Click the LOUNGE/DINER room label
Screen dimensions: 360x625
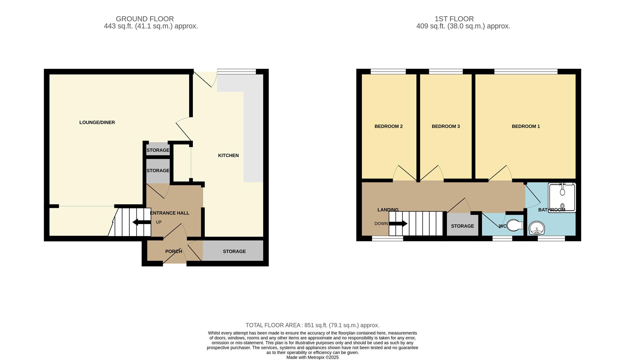[x=97, y=122]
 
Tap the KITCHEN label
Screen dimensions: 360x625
[x=228, y=155]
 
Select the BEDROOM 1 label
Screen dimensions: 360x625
[x=526, y=126]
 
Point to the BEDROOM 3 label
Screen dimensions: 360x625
[x=446, y=126]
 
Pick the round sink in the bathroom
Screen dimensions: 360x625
[x=537, y=229]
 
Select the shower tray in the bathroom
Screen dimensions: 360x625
[x=562, y=197]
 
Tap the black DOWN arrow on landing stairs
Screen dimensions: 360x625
[x=398, y=223]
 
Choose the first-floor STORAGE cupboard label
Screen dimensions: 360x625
[x=462, y=226]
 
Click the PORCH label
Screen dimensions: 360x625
[x=173, y=251]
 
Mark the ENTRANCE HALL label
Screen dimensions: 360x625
[x=170, y=213]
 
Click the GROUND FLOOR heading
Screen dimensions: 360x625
[x=145, y=19]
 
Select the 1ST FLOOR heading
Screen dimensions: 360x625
[x=454, y=19]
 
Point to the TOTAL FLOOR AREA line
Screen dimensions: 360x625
[x=312, y=325]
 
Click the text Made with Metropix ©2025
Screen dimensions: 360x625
[x=312, y=357]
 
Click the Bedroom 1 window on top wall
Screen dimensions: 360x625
[x=526, y=71]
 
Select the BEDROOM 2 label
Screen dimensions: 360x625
[x=388, y=126]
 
